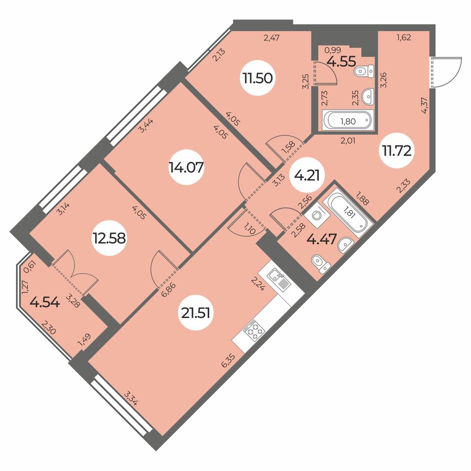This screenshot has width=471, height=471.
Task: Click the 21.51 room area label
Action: [x=195, y=313]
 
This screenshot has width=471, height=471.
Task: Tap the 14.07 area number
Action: [x=186, y=167]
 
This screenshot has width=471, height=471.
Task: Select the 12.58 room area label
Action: [x=109, y=239]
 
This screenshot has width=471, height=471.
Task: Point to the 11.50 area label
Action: [x=258, y=78]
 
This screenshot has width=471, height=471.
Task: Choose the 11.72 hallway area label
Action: [x=397, y=150]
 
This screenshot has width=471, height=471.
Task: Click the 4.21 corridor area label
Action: [x=307, y=175]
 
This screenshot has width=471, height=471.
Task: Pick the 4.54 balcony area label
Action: [x=45, y=302]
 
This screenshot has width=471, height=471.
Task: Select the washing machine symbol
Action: [x=317, y=215]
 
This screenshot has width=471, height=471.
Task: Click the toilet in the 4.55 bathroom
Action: [x=364, y=71]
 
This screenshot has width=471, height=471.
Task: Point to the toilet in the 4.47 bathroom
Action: [x=321, y=264]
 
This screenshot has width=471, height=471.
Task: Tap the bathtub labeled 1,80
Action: [x=348, y=121]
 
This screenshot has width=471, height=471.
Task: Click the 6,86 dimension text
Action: [x=168, y=289]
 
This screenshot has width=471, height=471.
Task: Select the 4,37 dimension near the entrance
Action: [x=425, y=106]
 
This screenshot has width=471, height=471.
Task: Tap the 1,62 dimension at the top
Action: [x=404, y=38]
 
